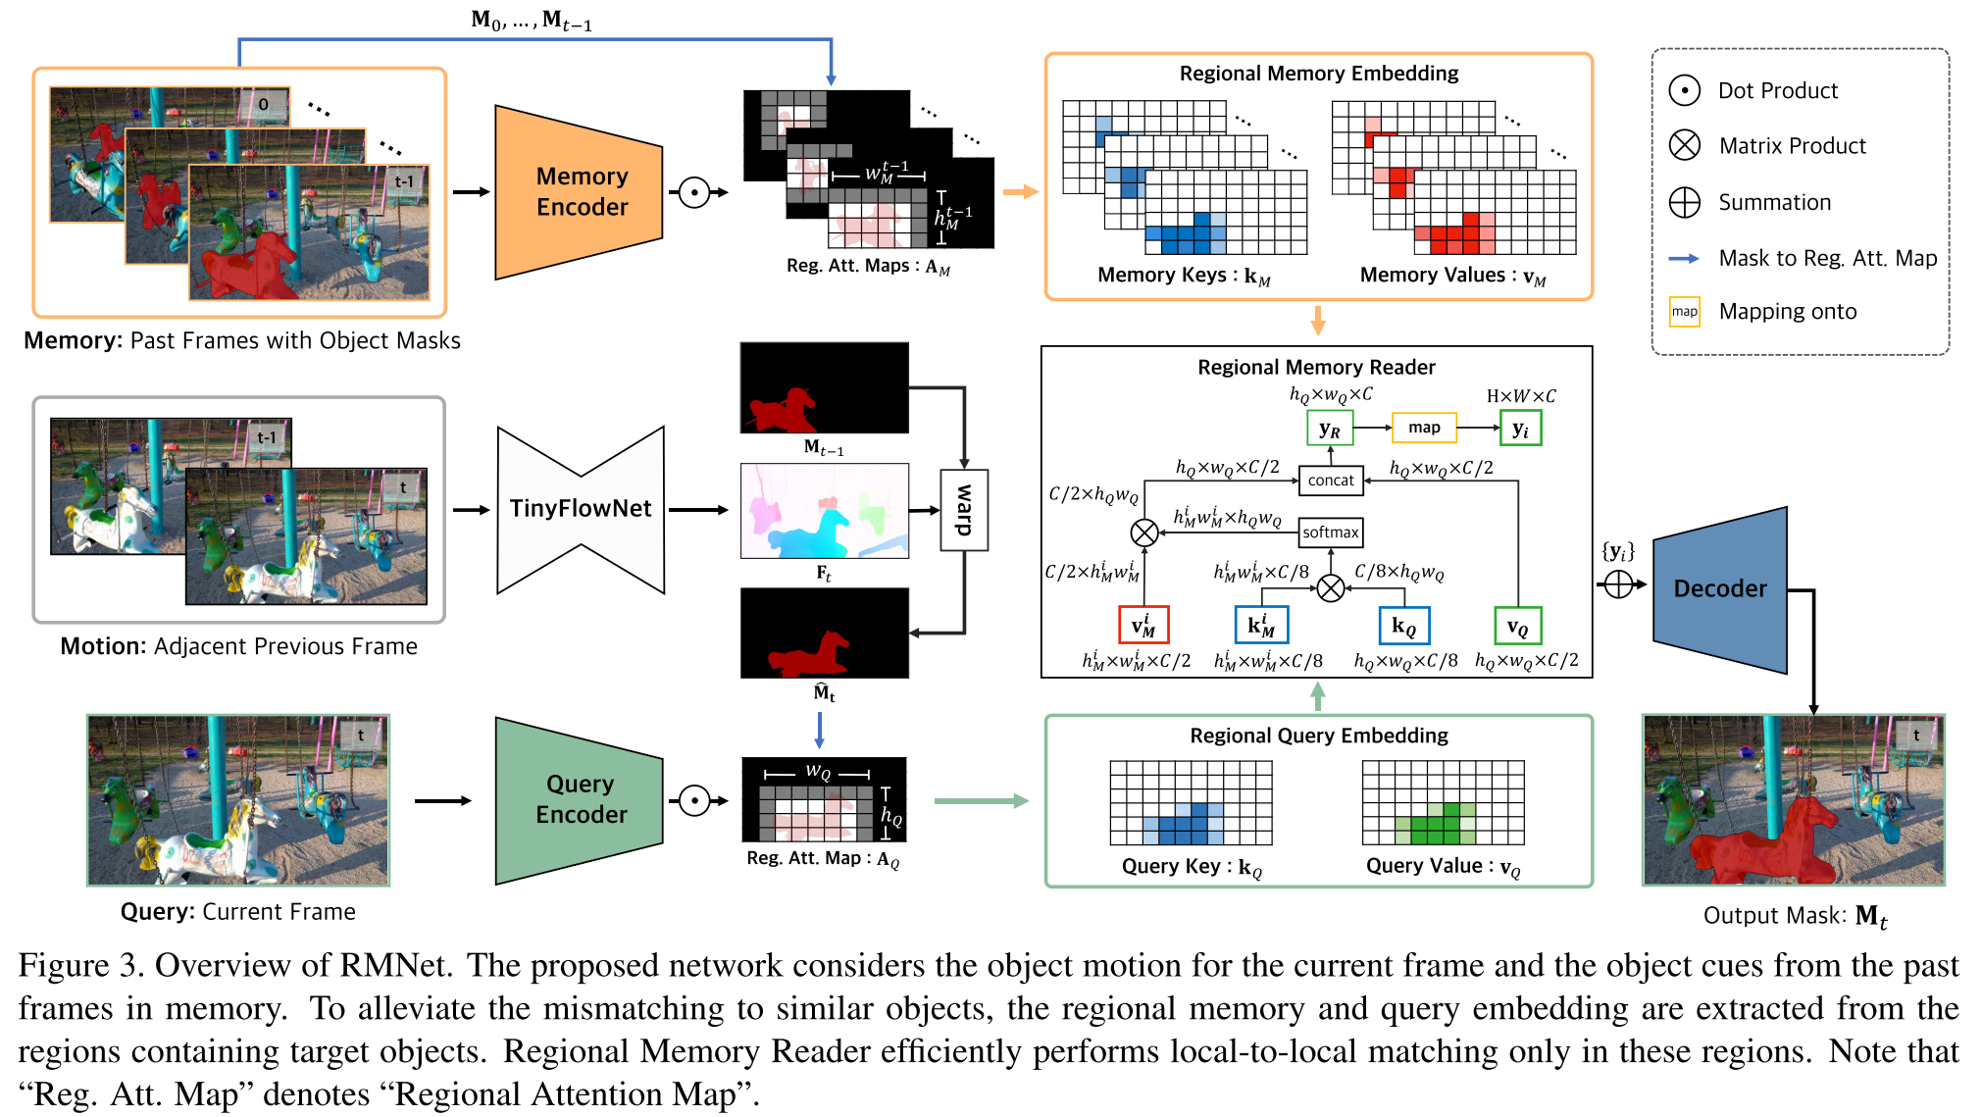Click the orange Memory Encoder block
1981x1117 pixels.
coord(580,192)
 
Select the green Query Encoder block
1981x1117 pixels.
coord(580,800)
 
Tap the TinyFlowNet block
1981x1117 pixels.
coord(581,509)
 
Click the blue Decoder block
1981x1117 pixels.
coord(1719,589)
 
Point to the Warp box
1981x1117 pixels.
coord(964,510)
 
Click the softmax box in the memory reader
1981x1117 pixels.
coord(1330,533)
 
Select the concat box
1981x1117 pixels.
coord(1330,481)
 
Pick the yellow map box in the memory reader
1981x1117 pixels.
coord(1424,428)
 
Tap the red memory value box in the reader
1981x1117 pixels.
coord(1143,626)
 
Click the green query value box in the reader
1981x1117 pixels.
coord(1517,626)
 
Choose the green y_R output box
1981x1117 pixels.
coord(1330,429)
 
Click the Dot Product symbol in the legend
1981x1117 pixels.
coord(1684,90)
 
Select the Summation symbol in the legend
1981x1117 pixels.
coord(1684,202)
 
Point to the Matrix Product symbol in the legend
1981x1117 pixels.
coord(1684,145)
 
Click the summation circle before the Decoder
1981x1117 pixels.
coord(1618,585)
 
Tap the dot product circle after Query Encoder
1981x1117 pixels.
coord(694,800)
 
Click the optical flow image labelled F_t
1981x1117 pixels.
coord(824,511)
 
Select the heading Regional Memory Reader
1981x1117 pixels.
coord(1316,367)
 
